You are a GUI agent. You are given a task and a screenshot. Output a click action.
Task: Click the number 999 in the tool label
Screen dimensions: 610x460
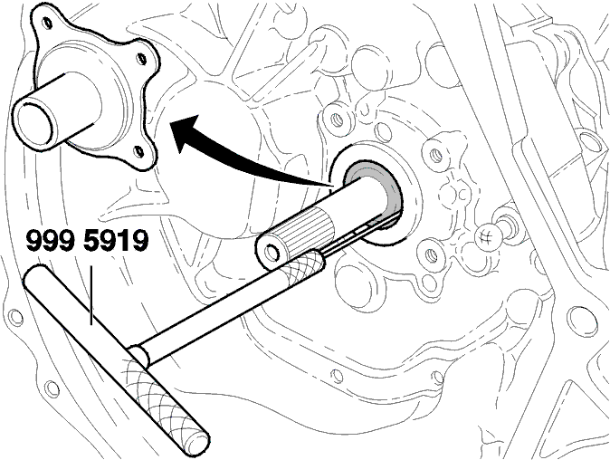click(50, 241)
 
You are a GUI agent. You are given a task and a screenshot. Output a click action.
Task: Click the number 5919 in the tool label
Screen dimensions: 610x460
click(116, 241)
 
